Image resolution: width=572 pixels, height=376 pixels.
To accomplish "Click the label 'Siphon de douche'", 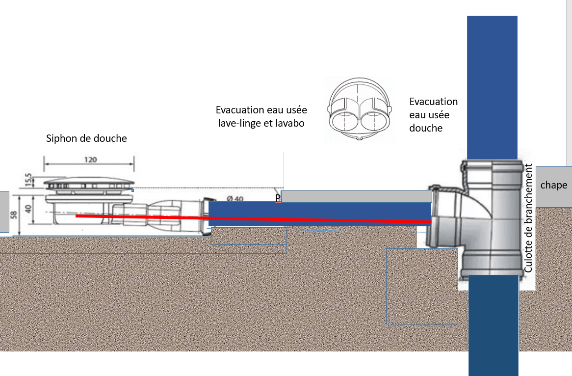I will point(86,138).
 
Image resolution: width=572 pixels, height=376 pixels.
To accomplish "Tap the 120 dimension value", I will point(90,160).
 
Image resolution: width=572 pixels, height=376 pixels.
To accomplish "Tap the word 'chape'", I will point(554,185).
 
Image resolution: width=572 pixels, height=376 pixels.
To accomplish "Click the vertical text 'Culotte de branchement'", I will point(528,218).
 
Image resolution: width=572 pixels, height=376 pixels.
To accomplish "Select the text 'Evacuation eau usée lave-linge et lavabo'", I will point(261,116).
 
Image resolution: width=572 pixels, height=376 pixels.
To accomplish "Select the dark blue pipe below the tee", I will point(493,324).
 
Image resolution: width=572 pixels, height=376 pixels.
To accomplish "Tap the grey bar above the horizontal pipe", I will point(356,196).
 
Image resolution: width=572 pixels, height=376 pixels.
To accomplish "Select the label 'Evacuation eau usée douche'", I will point(433,114).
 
